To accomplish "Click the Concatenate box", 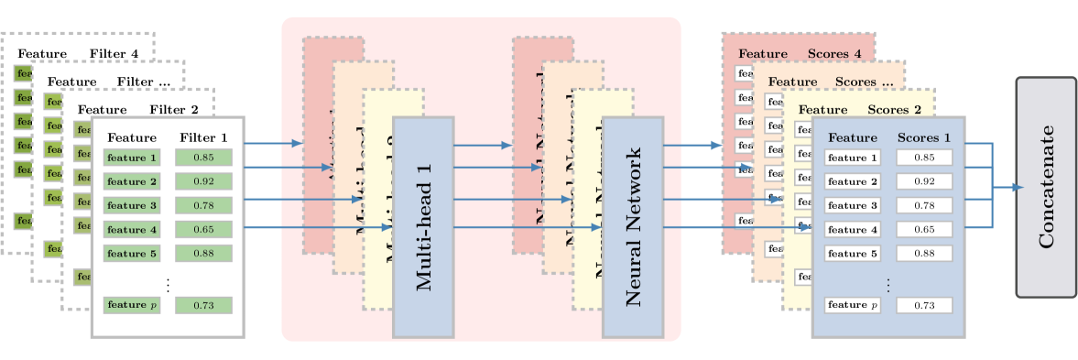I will click(1045, 188).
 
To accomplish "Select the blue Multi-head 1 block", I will click(422, 226).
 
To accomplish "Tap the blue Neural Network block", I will click(632, 226).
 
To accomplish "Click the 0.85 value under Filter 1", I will click(203, 158).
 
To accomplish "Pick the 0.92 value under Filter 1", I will click(203, 181).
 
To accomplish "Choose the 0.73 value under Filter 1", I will click(203, 305).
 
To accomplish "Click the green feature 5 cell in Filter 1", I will click(132, 254).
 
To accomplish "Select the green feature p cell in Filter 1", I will click(132, 305).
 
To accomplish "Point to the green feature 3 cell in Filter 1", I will click(132, 205).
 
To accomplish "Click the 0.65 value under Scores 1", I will click(924, 230).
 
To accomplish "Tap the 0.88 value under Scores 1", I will click(924, 254).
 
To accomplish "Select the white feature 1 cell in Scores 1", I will click(852, 158).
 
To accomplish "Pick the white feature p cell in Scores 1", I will click(852, 305).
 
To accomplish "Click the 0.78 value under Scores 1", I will click(924, 205).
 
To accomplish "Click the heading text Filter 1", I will click(203, 137).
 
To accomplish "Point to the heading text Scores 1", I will click(923, 137).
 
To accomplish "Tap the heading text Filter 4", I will click(114, 53).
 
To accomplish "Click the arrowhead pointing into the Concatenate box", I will click(1018, 187).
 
